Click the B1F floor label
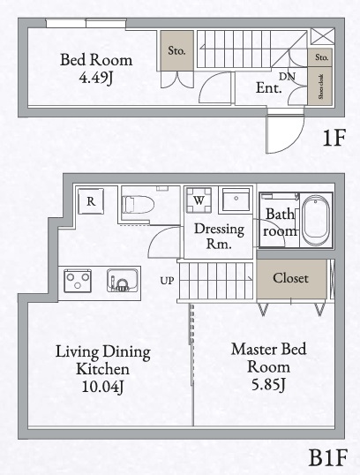pos(327,458)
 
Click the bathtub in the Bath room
pos(315,221)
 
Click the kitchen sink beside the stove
pos(120,282)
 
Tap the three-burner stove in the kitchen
pos(78,282)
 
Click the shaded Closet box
pos(290,278)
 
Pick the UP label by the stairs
pos(167,281)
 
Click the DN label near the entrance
pos(287,77)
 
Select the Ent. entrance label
pos(268,88)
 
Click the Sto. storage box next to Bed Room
pos(176,51)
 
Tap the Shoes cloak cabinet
pos(321,88)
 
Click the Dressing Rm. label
pos(213,236)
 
